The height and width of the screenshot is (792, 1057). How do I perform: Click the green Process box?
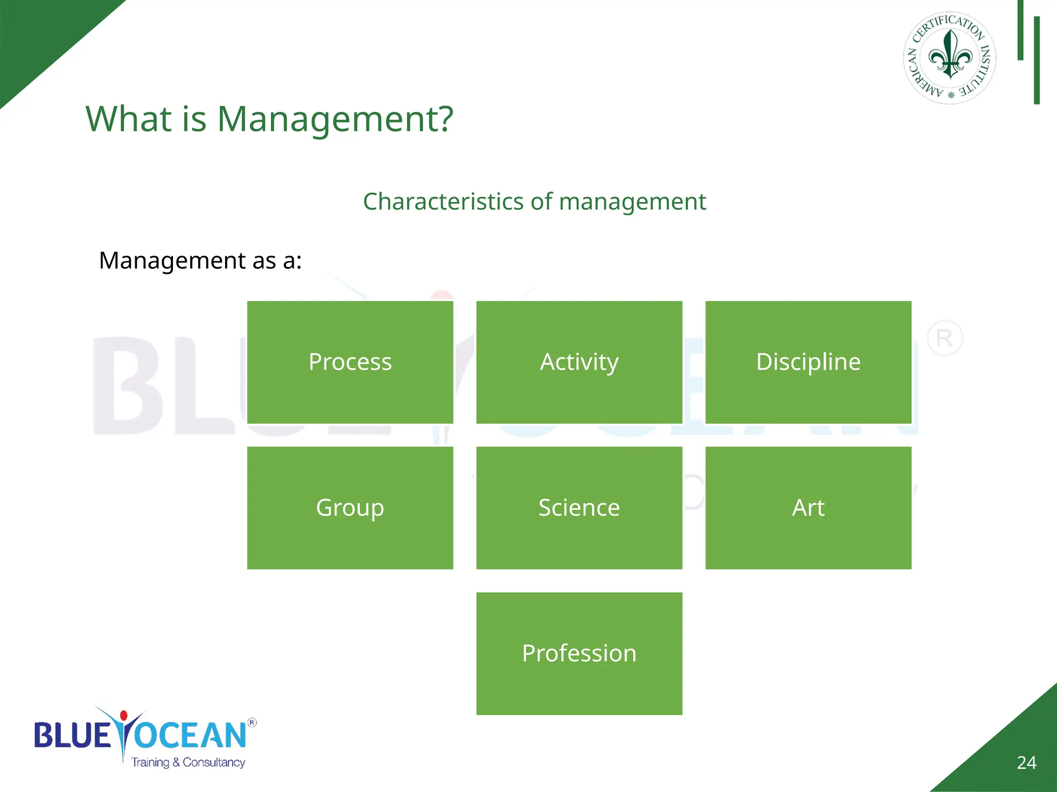350,362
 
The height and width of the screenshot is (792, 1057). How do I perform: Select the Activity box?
579,362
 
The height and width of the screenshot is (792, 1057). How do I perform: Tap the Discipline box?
808,362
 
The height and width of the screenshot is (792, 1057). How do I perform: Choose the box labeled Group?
350,508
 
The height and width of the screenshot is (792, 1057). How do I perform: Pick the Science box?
579,508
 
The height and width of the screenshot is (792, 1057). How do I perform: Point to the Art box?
808,508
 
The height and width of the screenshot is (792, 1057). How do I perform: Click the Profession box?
579,653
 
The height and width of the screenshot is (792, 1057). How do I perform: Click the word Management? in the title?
335,120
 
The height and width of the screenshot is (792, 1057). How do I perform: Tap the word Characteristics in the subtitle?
443,202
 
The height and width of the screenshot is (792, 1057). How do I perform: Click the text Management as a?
200,260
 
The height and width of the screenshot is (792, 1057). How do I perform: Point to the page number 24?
1026,763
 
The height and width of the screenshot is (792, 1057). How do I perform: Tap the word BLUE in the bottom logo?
72,735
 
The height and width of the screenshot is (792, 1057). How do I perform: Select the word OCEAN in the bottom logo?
191,735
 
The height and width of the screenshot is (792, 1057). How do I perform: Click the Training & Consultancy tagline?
188,763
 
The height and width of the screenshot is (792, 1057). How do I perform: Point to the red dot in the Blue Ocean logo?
123,715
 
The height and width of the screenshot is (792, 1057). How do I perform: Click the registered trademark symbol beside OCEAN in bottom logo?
252,722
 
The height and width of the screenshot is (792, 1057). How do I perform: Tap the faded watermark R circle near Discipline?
944,339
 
